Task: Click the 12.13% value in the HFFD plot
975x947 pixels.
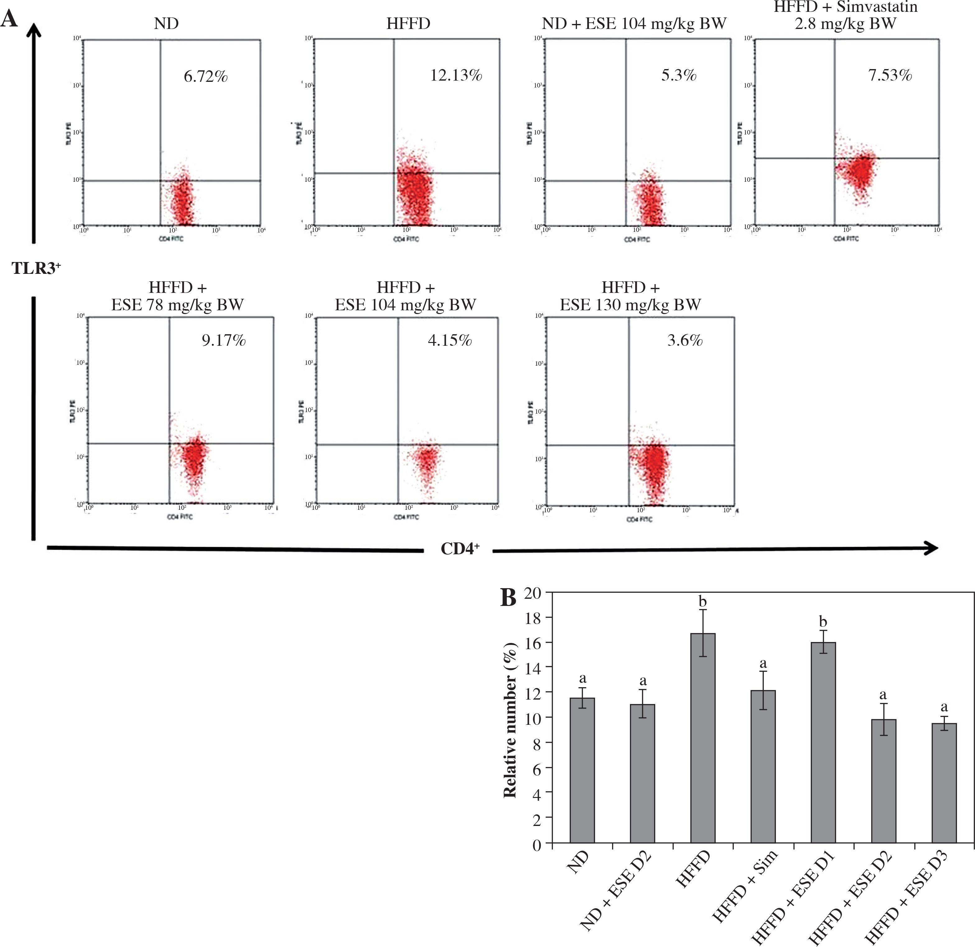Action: [x=456, y=76]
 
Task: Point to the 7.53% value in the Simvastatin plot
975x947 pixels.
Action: [x=890, y=76]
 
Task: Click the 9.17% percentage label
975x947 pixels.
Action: [x=223, y=340]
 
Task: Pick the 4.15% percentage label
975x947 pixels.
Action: [x=450, y=340]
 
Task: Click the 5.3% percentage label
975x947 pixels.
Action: [x=679, y=76]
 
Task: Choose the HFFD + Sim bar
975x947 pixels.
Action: [x=763, y=767]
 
